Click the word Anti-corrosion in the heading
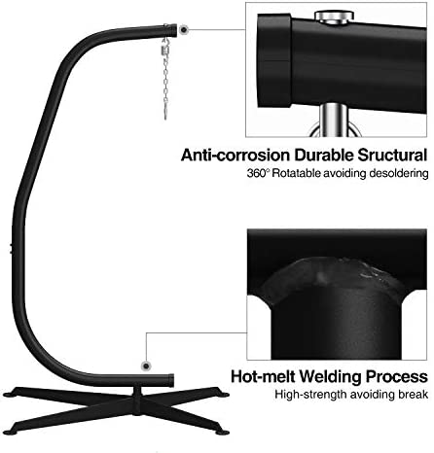tap(235, 156)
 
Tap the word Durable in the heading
tap(324, 156)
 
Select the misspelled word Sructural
tap(392, 156)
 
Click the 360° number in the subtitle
tap(258, 173)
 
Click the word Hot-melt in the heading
tap(263, 376)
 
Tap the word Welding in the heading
tap(331, 377)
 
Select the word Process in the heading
tap(397, 376)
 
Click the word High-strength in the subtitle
tap(310, 395)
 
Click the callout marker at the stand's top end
tap(184, 30)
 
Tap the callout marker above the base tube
tap(147, 366)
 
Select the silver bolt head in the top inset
tap(334, 17)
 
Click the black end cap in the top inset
tap(274, 60)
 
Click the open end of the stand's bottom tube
tap(171, 380)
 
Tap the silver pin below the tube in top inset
tap(333, 120)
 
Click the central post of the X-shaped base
tap(137, 400)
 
